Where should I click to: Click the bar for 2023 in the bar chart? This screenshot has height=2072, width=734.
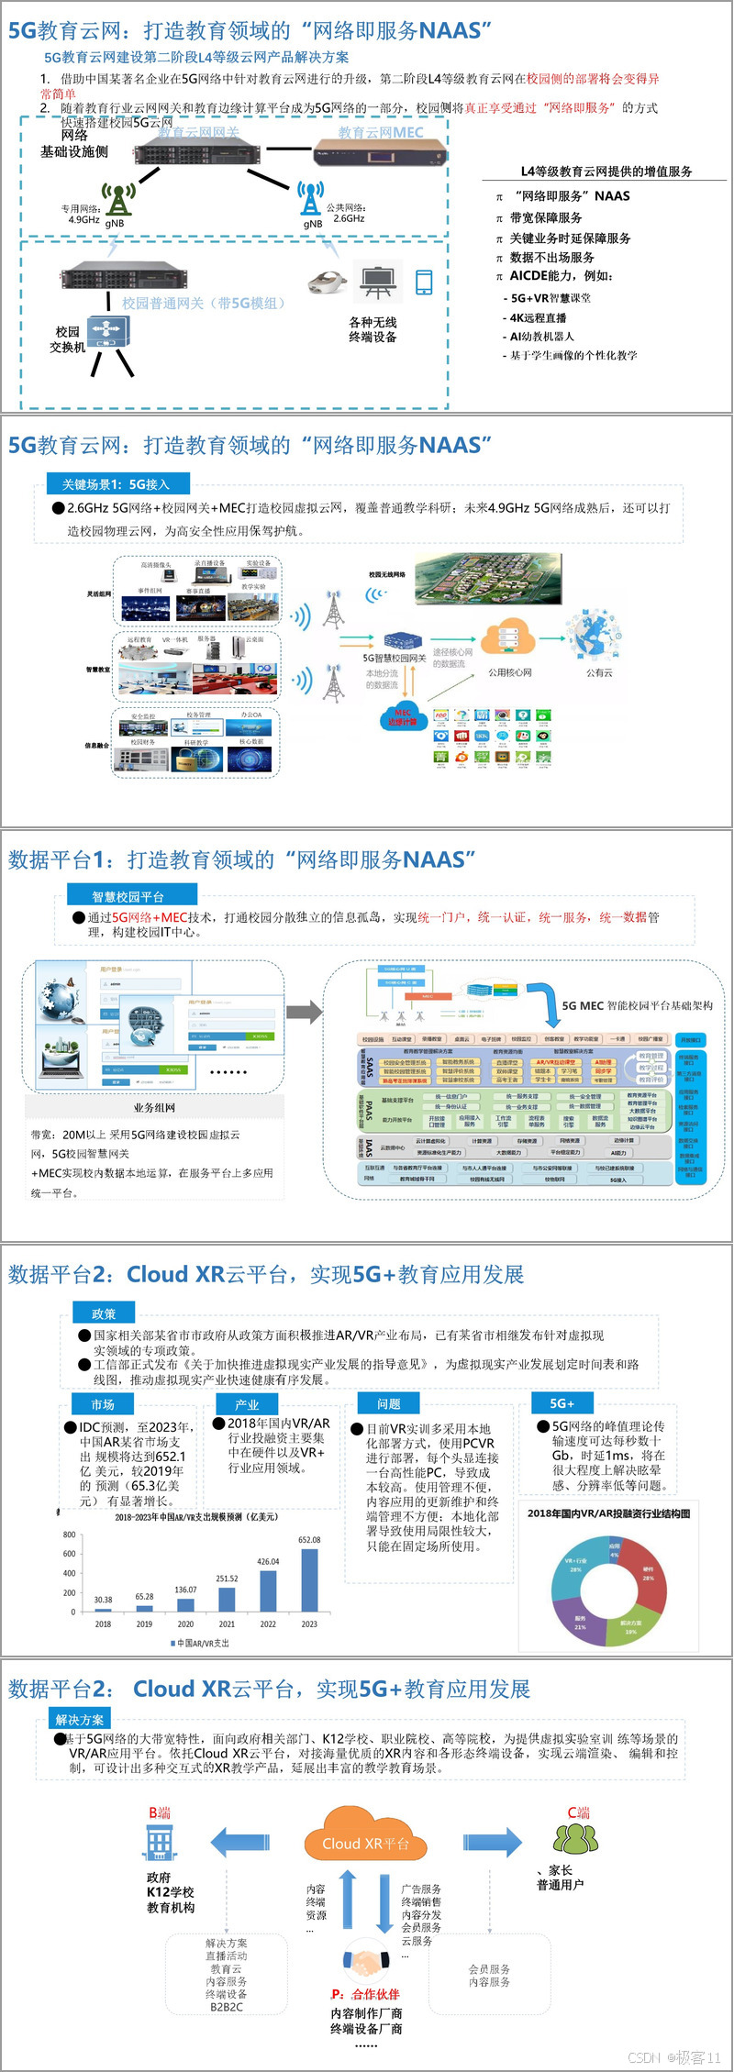click(x=309, y=1579)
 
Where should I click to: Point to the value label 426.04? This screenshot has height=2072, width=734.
click(x=268, y=1561)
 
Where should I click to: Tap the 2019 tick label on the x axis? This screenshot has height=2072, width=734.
click(x=144, y=1624)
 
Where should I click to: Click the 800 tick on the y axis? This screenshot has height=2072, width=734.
click(x=70, y=1535)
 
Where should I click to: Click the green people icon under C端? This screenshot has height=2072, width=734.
click(x=574, y=1837)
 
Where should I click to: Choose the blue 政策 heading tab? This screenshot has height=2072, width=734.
click(x=104, y=1313)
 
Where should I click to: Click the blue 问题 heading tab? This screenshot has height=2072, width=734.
click(x=389, y=1403)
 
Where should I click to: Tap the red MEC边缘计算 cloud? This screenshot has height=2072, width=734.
click(x=403, y=716)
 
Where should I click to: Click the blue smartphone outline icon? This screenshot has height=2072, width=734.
click(x=424, y=283)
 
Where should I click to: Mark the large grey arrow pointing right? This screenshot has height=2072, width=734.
click(x=305, y=1013)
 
